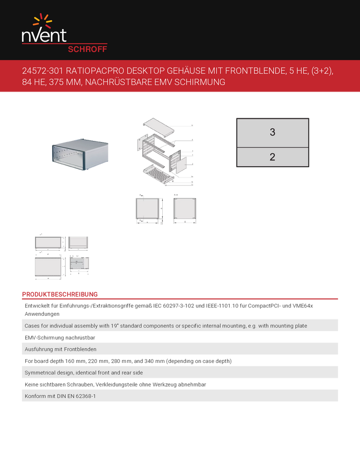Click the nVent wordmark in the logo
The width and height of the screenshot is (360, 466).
click(44, 36)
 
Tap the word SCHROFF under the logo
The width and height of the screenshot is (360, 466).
click(87, 48)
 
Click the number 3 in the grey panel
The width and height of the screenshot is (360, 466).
click(272, 132)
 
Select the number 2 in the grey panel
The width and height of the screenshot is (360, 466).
click(272, 157)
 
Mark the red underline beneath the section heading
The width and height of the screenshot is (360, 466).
click(180, 299)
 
